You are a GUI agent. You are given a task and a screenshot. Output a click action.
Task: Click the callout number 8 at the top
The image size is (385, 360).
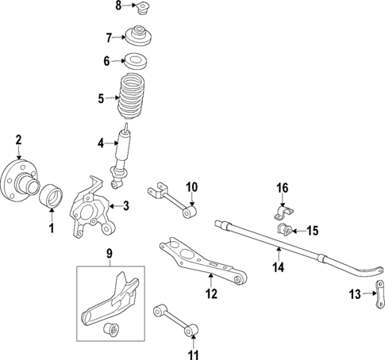coord(118,6)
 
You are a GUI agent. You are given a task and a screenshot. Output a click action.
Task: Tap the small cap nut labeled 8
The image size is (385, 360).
coord(143,10)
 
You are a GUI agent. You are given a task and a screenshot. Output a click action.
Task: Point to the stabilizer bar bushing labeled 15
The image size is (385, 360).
coord(284,232)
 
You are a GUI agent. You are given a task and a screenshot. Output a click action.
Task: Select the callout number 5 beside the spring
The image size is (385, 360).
coord(101,99)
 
